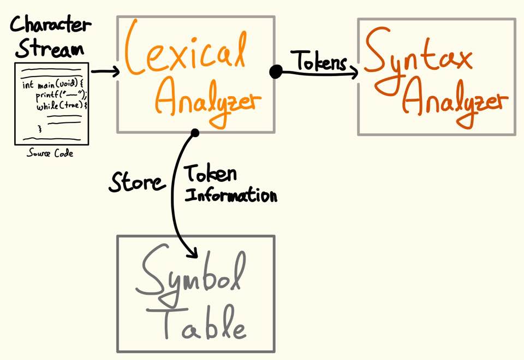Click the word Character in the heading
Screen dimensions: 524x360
click(51, 25)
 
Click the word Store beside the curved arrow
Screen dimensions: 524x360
click(136, 182)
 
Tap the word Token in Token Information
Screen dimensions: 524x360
click(210, 175)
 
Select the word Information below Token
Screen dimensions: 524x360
click(230, 195)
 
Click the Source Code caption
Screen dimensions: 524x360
click(50, 154)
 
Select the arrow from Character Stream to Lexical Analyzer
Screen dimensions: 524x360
click(105, 72)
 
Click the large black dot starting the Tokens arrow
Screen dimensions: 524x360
click(276, 72)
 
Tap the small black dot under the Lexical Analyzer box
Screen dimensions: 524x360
click(195, 132)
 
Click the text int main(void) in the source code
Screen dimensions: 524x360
click(52, 85)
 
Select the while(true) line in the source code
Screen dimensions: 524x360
click(62, 106)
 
